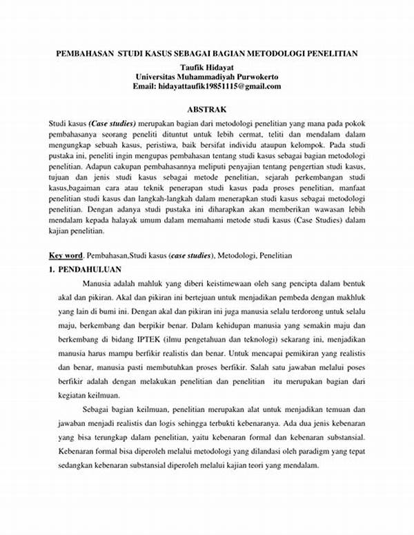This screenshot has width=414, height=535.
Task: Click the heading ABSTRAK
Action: (207, 109)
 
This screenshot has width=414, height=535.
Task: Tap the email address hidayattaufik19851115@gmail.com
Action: (226, 86)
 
